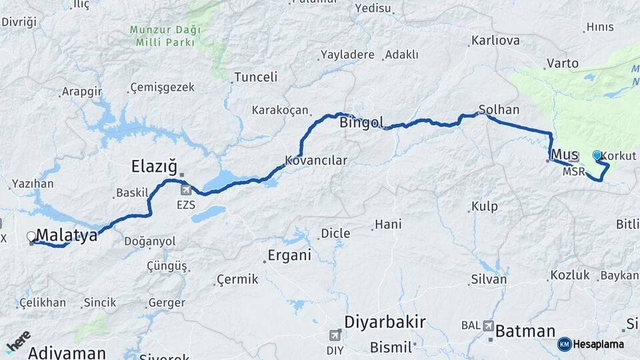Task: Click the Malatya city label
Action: click(x=67, y=235)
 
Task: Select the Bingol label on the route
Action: click(x=362, y=123)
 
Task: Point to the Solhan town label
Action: click(x=499, y=109)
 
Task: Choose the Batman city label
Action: click(x=525, y=331)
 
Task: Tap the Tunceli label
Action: click(x=256, y=77)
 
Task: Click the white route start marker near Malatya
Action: click(x=31, y=236)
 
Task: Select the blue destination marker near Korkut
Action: click(x=597, y=155)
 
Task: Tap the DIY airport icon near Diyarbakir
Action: click(x=335, y=335)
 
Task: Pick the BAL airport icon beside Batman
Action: click(x=489, y=326)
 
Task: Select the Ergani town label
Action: click(x=289, y=255)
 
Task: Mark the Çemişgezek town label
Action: click(x=162, y=87)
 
